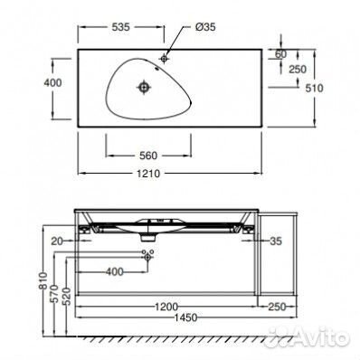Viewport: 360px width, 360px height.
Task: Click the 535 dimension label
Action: [121, 27]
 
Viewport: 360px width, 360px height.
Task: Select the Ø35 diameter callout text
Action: [205, 27]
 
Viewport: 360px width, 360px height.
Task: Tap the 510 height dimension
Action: [314, 88]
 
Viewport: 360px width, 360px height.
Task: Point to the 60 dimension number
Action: [280, 54]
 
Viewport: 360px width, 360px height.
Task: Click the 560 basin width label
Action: [148, 156]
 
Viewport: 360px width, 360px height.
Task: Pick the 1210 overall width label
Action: [148, 174]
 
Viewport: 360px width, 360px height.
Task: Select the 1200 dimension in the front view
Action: [166, 307]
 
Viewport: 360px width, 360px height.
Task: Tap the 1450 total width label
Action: [185, 317]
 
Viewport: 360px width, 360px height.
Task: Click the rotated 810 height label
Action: [43, 281]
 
